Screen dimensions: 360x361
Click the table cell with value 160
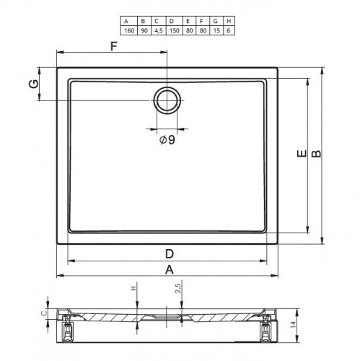[129, 30]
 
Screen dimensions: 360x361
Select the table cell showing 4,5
[159, 30]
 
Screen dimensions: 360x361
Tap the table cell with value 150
[175, 30]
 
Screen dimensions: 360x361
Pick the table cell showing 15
[216, 30]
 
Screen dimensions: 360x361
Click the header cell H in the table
[229, 21]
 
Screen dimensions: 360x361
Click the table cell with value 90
[144, 30]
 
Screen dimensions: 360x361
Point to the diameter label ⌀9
[167, 139]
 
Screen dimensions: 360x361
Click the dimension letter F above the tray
[114, 46]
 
